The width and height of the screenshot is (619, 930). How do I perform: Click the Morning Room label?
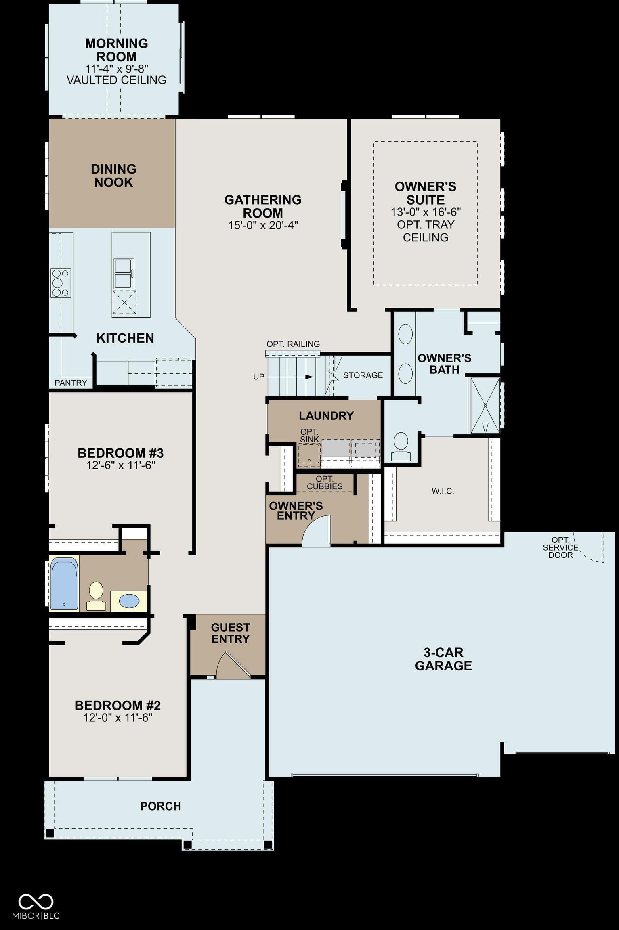[x=116, y=50]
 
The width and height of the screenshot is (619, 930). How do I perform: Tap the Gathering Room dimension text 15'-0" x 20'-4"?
[x=263, y=225]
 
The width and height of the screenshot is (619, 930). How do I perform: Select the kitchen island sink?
[x=124, y=273]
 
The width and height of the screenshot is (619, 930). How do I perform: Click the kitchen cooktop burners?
[x=61, y=283]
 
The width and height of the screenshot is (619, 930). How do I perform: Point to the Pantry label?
[x=71, y=383]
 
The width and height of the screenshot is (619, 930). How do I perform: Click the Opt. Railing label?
[x=293, y=344]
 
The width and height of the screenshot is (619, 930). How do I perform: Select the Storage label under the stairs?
[x=363, y=375]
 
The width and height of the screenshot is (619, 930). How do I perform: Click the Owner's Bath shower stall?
[x=485, y=406]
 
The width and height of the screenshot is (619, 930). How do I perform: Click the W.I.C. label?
[x=443, y=491]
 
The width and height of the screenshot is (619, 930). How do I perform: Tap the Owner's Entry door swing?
[x=317, y=530]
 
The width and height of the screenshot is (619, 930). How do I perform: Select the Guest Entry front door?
[x=234, y=664]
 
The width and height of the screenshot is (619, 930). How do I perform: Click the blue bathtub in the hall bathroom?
[x=64, y=584]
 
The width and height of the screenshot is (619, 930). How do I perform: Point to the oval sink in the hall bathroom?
[x=129, y=601]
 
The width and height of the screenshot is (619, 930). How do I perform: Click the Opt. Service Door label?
[x=560, y=547]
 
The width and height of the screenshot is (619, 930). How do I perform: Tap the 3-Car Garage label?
[x=443, y=659]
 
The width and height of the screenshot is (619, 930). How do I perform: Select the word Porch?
[x=161, y=806]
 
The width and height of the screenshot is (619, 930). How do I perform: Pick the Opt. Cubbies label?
[x=325, y=483]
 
